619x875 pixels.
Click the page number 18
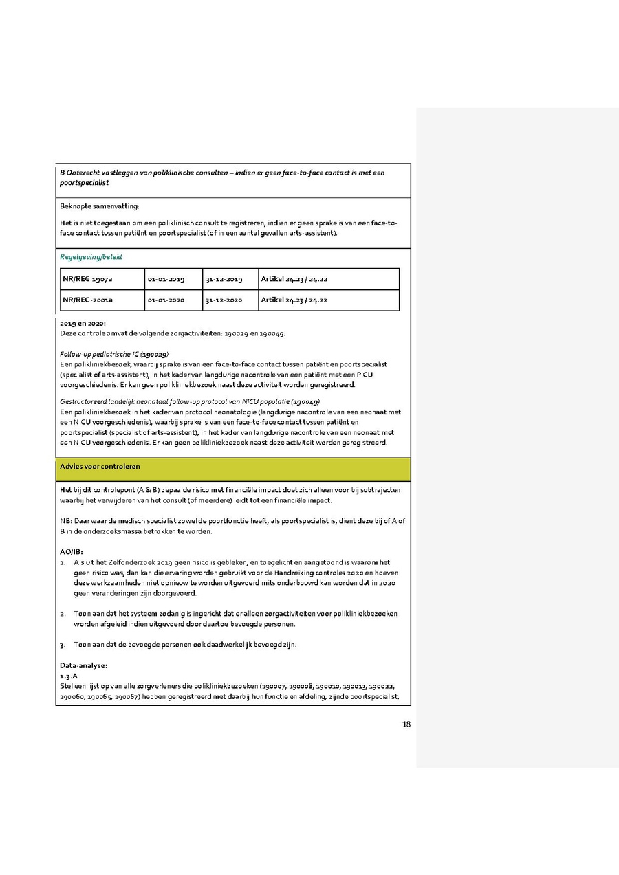point(406,723)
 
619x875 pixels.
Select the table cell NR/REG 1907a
point(87,279)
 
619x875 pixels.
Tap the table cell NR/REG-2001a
point(88,300)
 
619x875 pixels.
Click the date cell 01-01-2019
point(166,279)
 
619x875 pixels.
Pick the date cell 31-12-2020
point(224,300)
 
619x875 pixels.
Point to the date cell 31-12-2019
point(224,279)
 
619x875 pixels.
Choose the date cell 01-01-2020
point(166,300)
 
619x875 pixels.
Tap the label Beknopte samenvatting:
point(99,206)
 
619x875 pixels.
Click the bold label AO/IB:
point(72,552)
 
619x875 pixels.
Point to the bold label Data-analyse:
point(83,665)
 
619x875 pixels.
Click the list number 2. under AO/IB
point(63,614)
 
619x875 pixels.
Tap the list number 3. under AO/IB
point(63,645)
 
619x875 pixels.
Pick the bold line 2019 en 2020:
point(83,323)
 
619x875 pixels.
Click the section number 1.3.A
point(69,676)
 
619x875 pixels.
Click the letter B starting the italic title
point(63,173)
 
